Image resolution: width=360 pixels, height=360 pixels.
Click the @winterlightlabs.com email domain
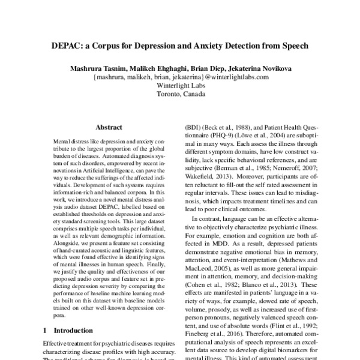coord(236,77)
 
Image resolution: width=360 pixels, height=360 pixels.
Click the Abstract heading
coord(109,127)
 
